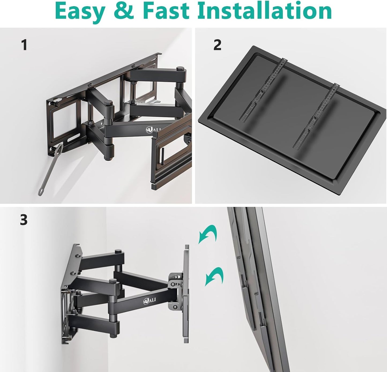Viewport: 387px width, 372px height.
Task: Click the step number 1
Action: (x=24, y=45)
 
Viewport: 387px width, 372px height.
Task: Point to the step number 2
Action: (x=217, y=45)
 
